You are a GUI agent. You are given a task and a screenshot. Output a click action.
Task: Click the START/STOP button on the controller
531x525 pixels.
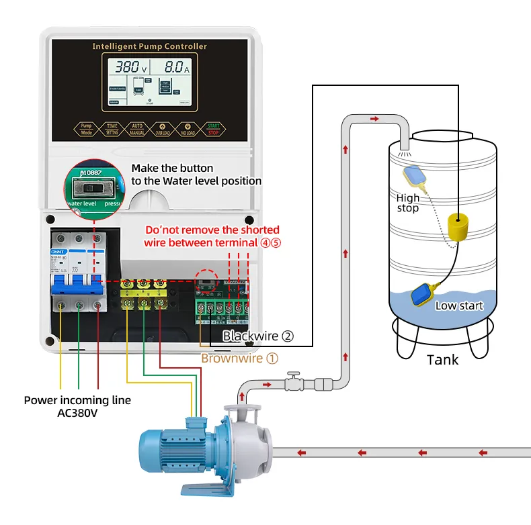coord(214,128)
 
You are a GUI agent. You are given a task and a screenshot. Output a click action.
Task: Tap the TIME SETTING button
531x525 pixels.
coord(112,128)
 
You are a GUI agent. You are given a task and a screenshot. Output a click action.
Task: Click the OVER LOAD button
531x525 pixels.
coord(162,128)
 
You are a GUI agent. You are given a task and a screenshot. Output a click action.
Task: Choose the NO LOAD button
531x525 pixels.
coord(188,128)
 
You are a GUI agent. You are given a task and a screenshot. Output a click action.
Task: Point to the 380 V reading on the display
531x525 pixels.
coord(130,67)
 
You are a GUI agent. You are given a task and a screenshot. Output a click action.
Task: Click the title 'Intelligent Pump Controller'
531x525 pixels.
coord(149,46)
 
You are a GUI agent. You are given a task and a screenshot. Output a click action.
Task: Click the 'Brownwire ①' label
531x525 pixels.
coord(239,358)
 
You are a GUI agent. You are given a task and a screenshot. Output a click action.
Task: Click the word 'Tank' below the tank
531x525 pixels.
coord(442,360)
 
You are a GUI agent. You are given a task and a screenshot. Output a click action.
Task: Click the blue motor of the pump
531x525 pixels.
coord(177,448)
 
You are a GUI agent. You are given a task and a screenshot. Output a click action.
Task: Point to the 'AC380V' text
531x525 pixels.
coord(77,413)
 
